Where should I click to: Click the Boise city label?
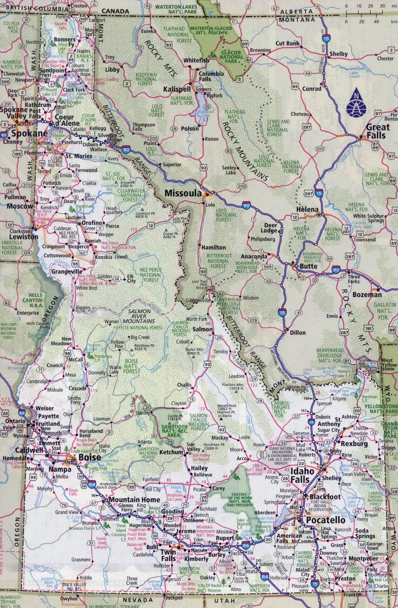click(89, 457)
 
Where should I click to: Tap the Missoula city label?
click(183, 193)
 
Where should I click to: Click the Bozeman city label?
click(367, 295)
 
